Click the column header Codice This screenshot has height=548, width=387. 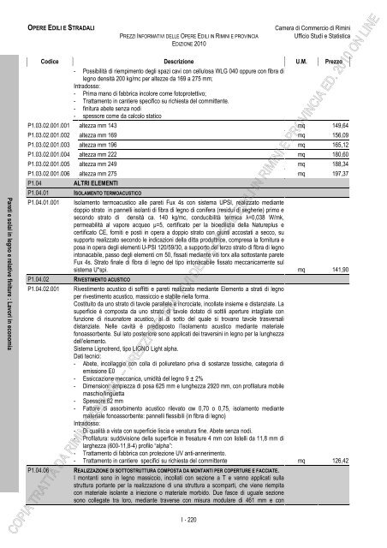click(49, 63)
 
